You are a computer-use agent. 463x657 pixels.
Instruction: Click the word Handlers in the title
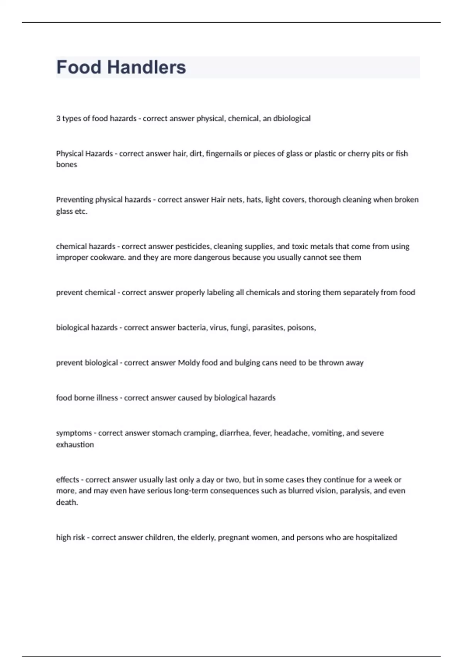[147, 67]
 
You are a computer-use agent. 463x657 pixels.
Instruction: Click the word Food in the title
[79, 67]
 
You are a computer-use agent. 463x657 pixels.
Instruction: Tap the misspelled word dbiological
[292, 118]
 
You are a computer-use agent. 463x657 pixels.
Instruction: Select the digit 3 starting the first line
[58, 118]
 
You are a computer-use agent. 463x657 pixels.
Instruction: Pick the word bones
[66, 165]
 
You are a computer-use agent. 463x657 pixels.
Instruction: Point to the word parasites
[268, 328]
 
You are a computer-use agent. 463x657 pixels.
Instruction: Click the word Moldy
[189, 363]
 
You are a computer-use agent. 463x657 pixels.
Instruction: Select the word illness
[107, 398]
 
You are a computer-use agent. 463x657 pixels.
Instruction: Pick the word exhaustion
[75, 444]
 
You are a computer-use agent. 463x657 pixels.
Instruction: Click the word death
[66, 502]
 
